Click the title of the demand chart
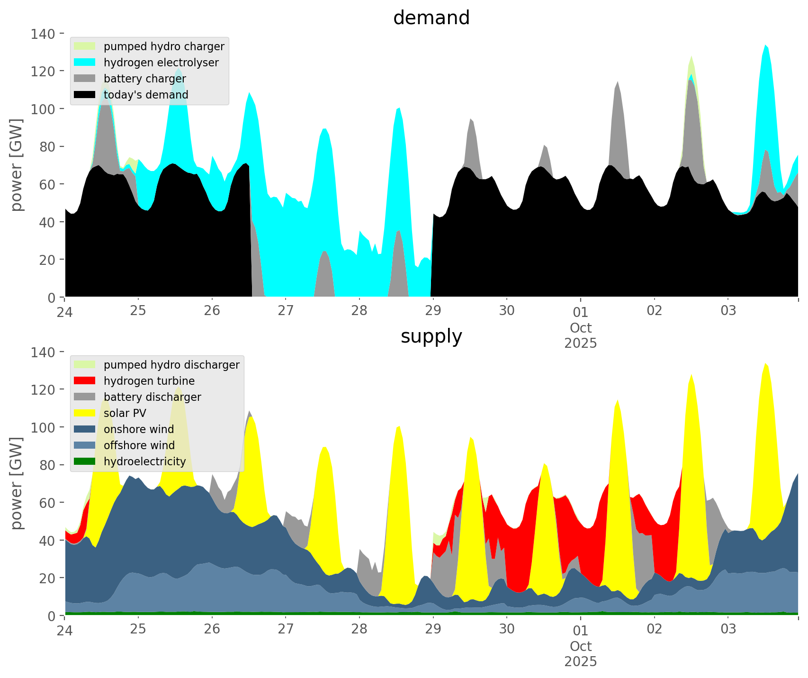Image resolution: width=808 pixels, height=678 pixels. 431,18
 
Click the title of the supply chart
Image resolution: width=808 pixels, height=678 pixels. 431,336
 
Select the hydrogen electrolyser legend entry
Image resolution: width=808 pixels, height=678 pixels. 161,63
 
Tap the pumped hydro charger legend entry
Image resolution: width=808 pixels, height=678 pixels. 164,46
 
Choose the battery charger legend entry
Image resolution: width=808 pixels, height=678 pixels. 144,79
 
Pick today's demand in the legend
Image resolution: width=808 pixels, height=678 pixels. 146,95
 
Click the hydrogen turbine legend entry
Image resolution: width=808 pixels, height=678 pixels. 149,381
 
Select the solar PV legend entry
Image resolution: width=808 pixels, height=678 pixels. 125,413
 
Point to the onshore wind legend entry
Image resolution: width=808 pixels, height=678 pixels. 138,429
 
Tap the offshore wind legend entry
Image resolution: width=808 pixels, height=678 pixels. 139,445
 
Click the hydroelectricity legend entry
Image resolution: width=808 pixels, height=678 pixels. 144,461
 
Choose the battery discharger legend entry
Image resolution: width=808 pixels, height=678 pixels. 152,397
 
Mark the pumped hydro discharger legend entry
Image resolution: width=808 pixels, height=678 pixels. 171,365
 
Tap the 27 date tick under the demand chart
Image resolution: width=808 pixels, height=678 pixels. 286,311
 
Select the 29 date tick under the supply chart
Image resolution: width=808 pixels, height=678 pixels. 433,629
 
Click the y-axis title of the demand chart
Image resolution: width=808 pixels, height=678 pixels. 17,165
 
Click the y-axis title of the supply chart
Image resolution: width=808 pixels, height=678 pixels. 17,483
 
